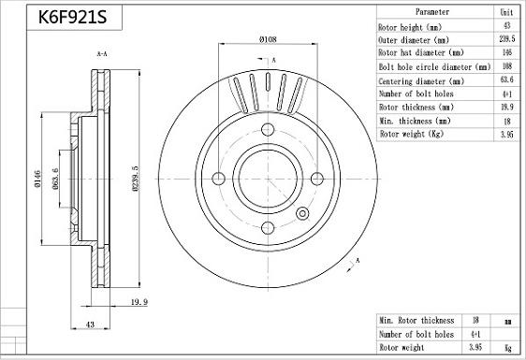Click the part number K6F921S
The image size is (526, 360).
(x=72, y=18)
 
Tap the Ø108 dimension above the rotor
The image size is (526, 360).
(x=268, y=39)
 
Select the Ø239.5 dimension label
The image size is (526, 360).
(x=135, y=179)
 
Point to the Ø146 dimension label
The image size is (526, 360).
(x=37, y=179)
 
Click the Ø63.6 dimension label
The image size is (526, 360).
(x=55, y=179)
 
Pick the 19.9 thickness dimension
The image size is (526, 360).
(x=139, y=302)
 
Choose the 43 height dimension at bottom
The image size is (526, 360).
(x=90, y=324)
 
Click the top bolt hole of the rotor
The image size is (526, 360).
(x=268, y=129)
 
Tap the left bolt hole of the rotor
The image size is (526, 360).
(x=218, y=179)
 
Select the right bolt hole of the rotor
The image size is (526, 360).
(x=317, y=179)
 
